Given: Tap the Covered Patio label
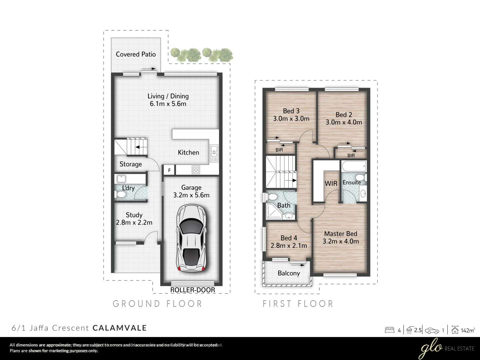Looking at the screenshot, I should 136,54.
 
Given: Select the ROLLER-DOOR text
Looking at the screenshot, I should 193,290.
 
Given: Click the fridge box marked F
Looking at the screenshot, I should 169,170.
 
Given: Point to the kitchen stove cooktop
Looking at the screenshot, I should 196,170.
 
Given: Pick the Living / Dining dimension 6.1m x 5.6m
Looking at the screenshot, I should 168,104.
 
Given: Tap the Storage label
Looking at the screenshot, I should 131,164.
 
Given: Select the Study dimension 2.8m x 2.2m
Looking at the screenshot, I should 134,222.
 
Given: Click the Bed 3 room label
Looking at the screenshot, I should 291,111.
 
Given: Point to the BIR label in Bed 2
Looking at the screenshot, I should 351,156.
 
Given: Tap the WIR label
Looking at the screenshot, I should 331,183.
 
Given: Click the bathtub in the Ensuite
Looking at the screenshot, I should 354,165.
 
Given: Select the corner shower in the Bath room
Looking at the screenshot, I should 273,212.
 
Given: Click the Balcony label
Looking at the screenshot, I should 289,273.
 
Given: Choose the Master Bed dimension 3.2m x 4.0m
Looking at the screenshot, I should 341,241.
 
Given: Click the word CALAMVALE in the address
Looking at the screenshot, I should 120,328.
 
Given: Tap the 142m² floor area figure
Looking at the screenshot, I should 468,331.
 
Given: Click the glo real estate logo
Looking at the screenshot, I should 446,349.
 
